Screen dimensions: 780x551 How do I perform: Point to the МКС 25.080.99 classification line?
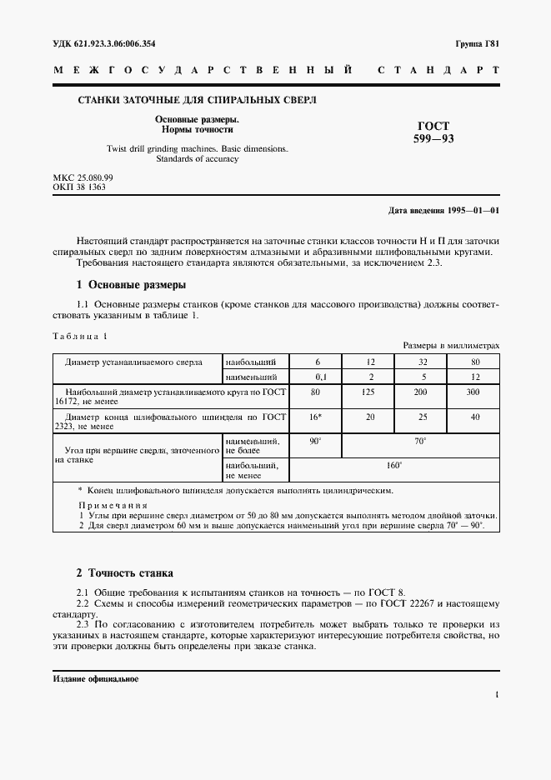click(x=83, y=178)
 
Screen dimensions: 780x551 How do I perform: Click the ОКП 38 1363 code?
click(x=78, y=188)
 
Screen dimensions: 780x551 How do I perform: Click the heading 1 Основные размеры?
click(x=131, y=285)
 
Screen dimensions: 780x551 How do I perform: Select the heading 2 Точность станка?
click(x=124, y=573)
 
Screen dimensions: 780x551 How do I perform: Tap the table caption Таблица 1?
click(x=81, y=336)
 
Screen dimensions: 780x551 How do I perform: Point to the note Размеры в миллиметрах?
click(x=451, y=345)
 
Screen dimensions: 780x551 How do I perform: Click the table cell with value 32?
click(x=421, y=361)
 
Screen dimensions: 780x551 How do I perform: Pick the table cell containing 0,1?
click(x=317, y=377)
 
